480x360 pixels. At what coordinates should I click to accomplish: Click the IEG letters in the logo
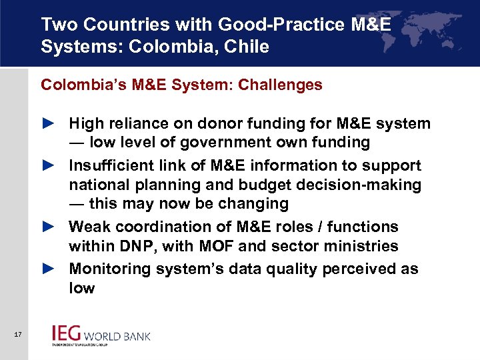click(x=67, y=333)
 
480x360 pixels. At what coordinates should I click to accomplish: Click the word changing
click(x=255, y=204)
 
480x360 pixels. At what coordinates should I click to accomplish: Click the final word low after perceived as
click(x=82, y=288)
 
